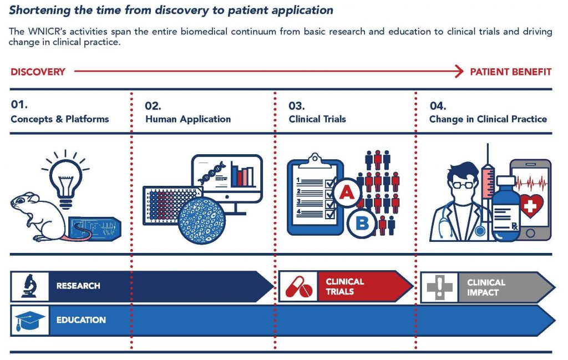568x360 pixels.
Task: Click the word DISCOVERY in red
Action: [38, 72]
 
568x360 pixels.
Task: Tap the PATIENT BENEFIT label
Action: [511, 72]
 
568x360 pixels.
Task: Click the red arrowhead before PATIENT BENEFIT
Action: [459, 72]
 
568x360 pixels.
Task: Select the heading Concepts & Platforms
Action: [60, 119]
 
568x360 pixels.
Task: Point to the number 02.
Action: [153, 106]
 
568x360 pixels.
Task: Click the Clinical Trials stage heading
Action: [317, 119]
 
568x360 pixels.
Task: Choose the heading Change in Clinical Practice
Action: [488, 119]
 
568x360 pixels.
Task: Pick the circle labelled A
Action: [347, 192]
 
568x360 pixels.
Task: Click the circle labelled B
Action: [362, 224]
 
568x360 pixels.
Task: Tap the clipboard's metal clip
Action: [315, 160]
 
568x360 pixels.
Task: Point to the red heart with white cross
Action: [531, 206]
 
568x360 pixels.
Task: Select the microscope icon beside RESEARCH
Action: [29, 286]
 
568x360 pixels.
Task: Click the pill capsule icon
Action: [299, 287]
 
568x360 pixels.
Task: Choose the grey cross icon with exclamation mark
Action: [439, 287]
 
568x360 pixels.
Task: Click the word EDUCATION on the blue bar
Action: [81, 320]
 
